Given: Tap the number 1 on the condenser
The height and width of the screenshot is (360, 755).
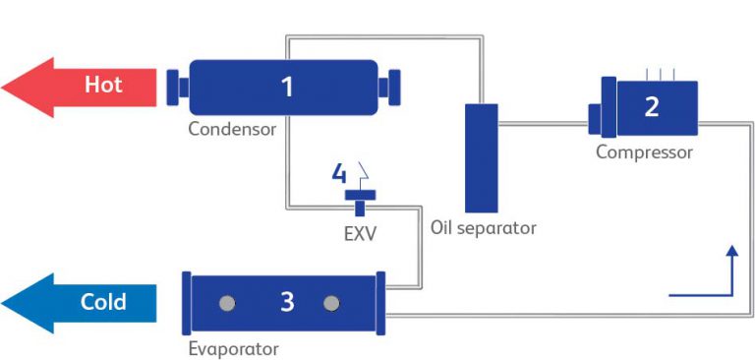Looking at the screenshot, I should point(287,88).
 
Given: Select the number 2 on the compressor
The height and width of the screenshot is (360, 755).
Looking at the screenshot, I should point(652,106).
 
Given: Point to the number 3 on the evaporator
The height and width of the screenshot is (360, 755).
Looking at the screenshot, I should point(286,303).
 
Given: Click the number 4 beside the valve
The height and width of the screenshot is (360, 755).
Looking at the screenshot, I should point(339,175).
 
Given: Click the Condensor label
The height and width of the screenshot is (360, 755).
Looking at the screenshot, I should point(233,129).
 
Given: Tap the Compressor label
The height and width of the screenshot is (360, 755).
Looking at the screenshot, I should point(644,152).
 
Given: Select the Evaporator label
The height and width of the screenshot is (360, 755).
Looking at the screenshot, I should point(233,349).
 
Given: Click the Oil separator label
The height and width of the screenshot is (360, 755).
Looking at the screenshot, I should point(484,228).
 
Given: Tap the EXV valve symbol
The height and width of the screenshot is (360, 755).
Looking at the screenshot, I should point(359,200).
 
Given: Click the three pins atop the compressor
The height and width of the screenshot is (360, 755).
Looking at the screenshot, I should point(661,74).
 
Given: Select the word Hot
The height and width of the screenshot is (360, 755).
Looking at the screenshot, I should point(103,85).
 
